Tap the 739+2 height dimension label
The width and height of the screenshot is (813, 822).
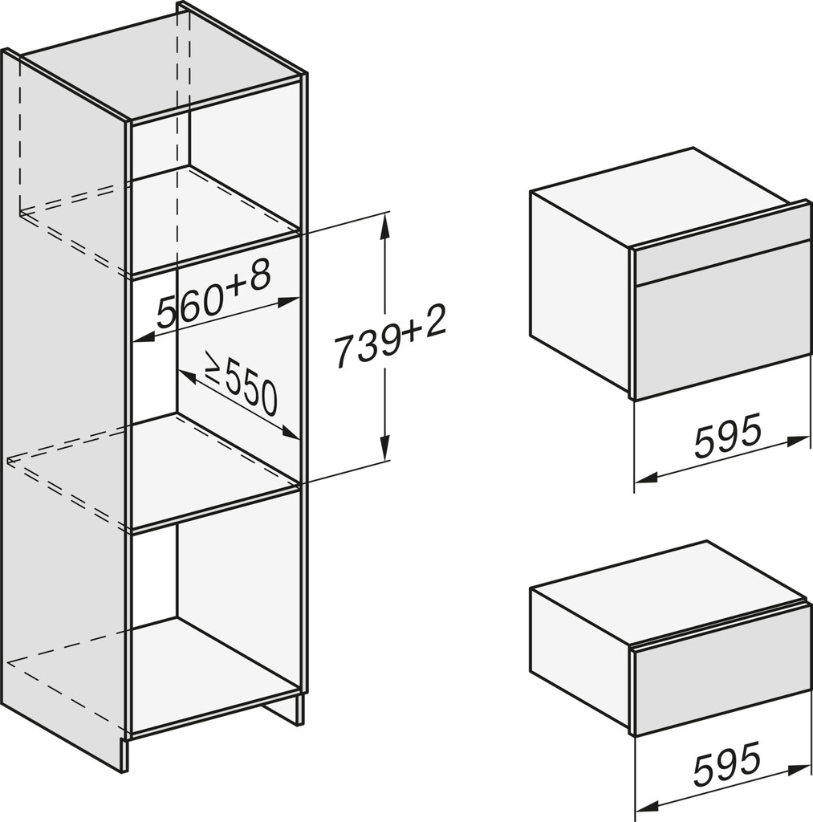click(390, 338)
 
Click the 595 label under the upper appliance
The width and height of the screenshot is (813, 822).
click(727, 434)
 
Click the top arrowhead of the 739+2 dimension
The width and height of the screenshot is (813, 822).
click(385, 223)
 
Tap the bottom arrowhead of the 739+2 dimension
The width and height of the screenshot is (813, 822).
click(385, 450)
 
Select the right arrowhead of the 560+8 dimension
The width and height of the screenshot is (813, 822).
click(288, 303)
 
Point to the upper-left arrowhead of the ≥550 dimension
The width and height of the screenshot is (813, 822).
click(187, 375)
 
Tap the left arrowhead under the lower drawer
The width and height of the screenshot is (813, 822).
click(646, 808)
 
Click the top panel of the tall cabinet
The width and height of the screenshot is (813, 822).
click(161, 67)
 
